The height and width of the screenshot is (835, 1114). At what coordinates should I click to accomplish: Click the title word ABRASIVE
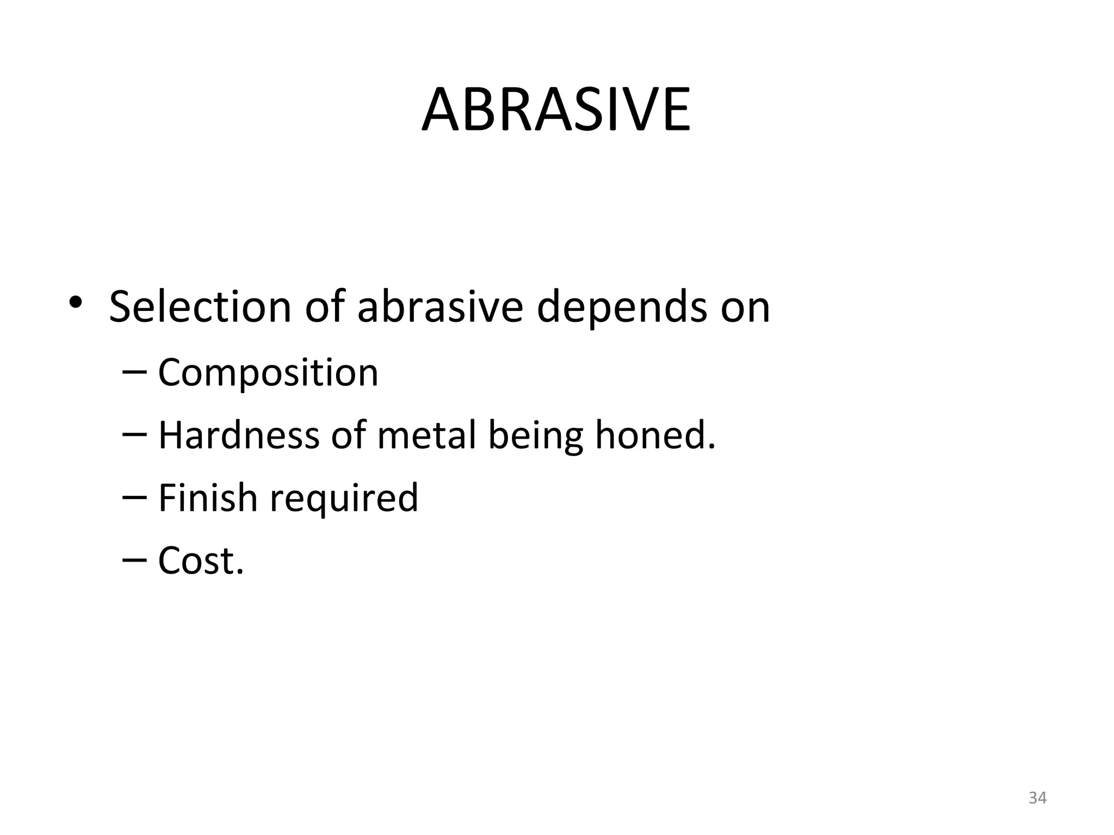(x=556, y=110)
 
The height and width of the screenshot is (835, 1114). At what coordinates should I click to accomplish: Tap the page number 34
(x=1037, y=798)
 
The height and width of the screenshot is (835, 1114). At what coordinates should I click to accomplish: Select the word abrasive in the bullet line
(x=440, y=307)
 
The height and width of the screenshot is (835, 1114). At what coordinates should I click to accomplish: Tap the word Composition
(x=268, y=374)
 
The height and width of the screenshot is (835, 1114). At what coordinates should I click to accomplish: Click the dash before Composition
(x=134, y=372)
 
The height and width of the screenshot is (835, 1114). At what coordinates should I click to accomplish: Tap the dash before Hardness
(x=134, y=434)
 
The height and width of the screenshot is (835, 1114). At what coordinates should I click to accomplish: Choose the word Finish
(x=207, y=498)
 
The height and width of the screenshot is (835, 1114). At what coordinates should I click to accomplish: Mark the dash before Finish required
(x=134, y=497)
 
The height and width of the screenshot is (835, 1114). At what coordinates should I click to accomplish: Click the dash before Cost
(x=134, y=559)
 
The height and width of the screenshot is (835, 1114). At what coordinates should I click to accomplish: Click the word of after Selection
(x=325, y=307)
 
